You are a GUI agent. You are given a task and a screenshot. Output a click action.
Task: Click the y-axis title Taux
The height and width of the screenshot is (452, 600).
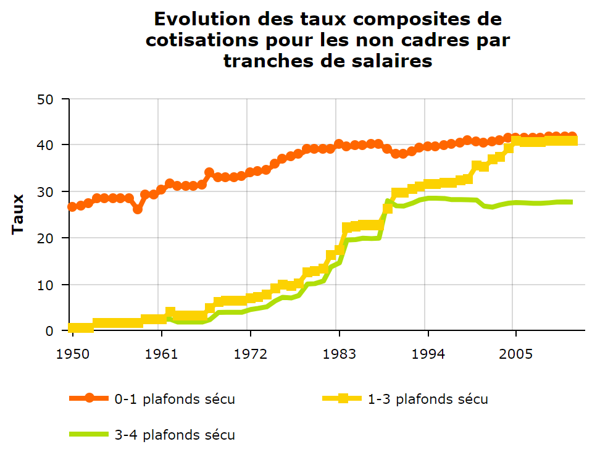(18, 214)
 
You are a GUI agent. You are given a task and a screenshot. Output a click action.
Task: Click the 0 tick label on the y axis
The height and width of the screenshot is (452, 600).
(57, 331)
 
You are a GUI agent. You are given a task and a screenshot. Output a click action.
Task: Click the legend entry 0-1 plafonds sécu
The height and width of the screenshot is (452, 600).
(175, 399)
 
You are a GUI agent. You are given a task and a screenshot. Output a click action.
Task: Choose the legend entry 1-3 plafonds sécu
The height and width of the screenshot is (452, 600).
(428, 399)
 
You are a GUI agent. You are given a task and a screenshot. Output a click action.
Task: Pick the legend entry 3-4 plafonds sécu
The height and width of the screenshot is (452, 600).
(175, 435)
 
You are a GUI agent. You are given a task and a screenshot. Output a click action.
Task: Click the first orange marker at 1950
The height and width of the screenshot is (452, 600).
(72, 207)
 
